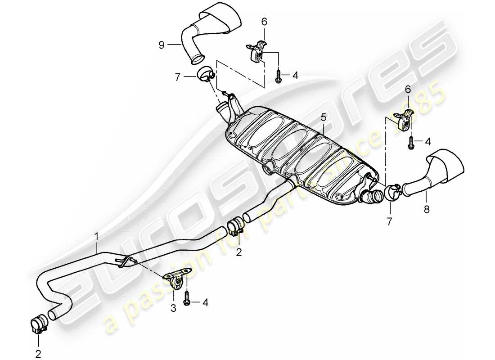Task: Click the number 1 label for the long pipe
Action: click(96, 235)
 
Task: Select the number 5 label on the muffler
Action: click(323, 118)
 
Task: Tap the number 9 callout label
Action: click(161, 44)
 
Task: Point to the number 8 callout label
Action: click(427, 209)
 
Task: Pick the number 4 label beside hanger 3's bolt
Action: click(205, 303)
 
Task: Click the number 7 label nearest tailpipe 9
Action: click(177, 78)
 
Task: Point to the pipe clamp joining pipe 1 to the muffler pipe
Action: click(235, 227)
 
